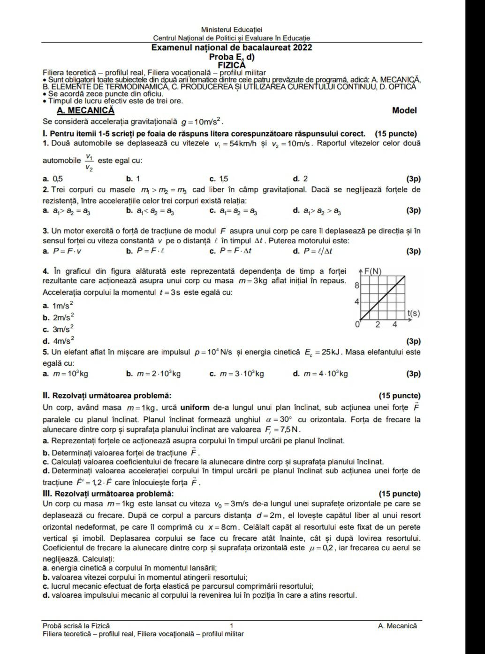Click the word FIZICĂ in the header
tap(232, 65)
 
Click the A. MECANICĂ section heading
tap(85, 110)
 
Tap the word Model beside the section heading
tap(404, 110)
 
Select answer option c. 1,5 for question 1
tap(219, 179)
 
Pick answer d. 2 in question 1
tap(300, 179)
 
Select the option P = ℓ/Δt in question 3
tap(317, 251)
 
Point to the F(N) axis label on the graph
tap(372, 271)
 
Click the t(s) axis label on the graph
tap(413, 313)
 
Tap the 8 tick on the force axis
tap(357, 285)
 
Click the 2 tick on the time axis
tap(378, 325)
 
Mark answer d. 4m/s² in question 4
tap(59, 341)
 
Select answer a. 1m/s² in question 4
tap(59, 305)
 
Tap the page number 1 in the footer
tap(232, 625)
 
